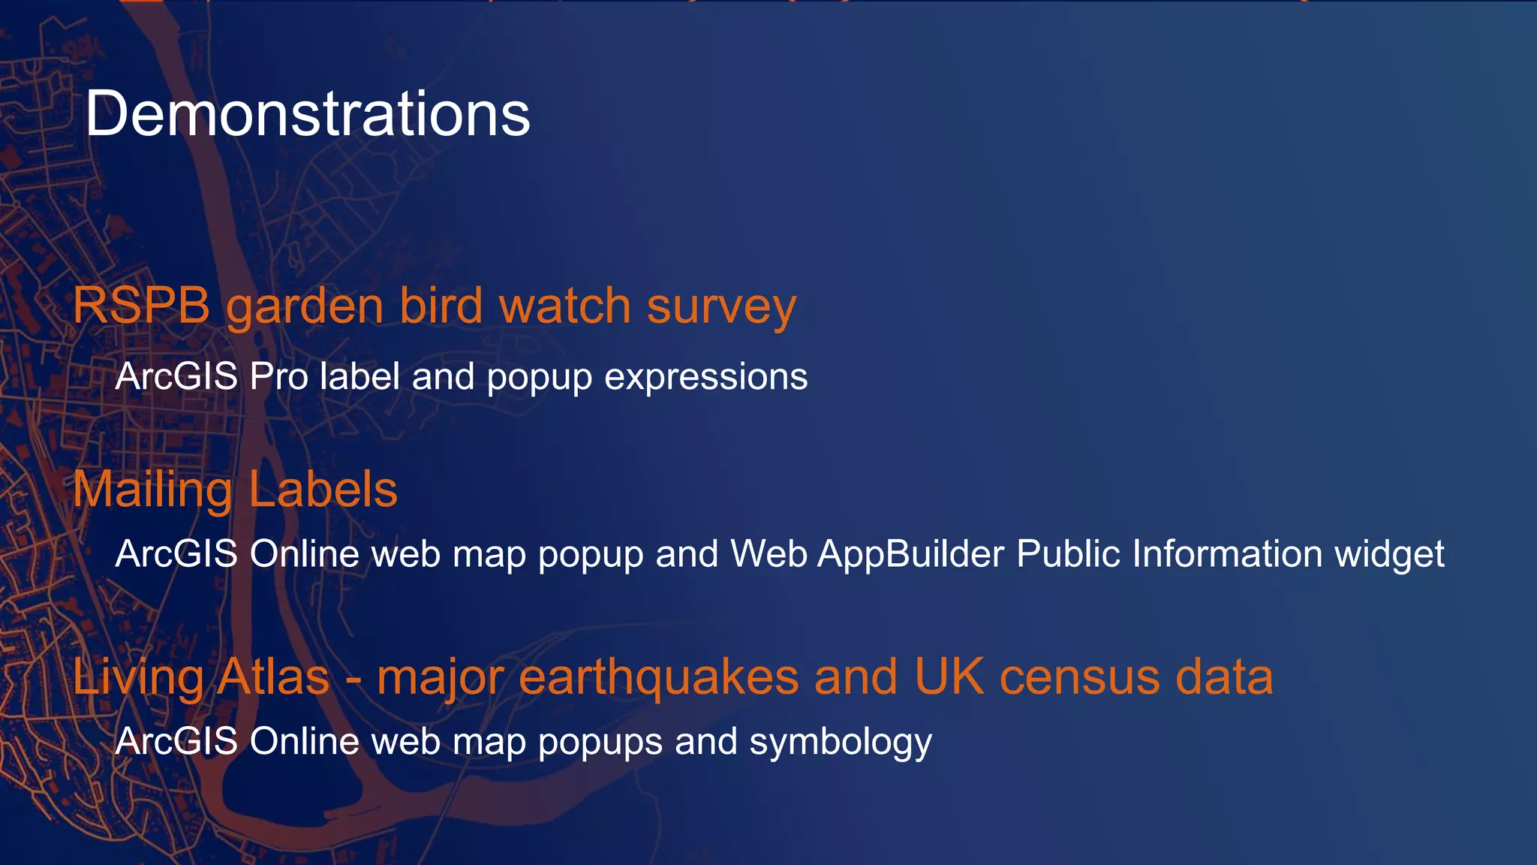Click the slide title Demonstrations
coord(308,114)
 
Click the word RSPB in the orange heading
coord(141,306)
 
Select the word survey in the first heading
coord(720,308)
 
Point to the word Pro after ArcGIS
coord(278,376)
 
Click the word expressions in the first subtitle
coord(705,378)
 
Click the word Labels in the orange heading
coord(323,490)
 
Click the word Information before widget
coord(1226,554)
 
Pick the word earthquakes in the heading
coord(658,678)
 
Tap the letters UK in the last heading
coord(949,677)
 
